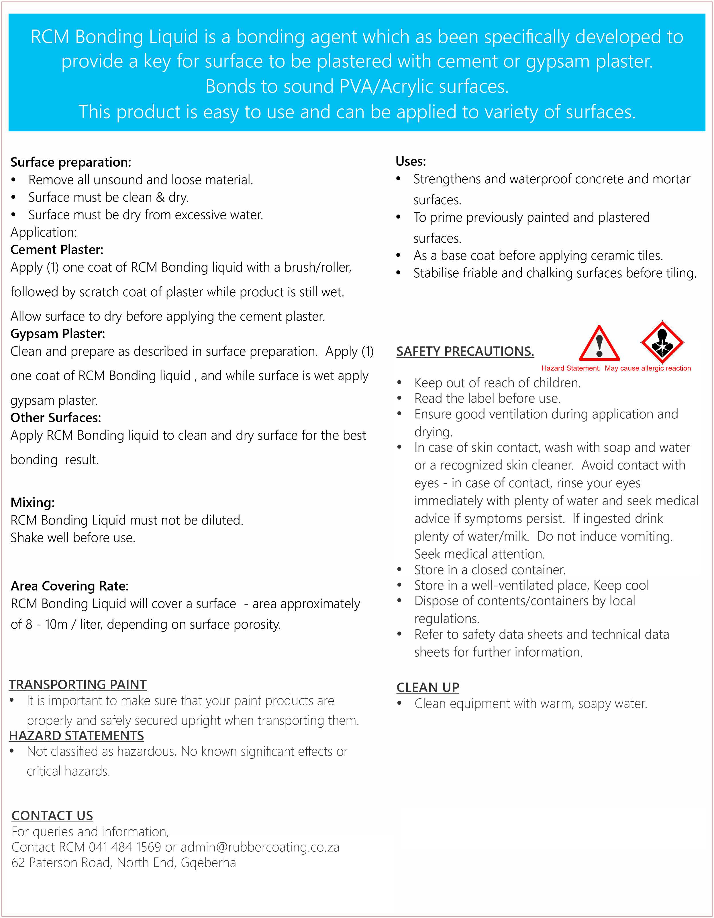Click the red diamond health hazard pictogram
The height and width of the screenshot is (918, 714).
click(662, 342)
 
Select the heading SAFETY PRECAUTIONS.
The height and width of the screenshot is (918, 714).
click(465, 351)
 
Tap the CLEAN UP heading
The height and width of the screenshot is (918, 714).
click(427, 688)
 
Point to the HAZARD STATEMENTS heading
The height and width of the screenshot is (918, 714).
click(76, 736)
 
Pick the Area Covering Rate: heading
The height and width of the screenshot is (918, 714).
click(70, 586)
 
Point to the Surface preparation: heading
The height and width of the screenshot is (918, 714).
click(70, 162)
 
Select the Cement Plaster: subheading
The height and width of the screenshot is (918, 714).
click(57, 250)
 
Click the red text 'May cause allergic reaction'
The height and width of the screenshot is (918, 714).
click(648, 368)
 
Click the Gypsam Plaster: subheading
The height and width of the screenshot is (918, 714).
click(58, 334)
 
